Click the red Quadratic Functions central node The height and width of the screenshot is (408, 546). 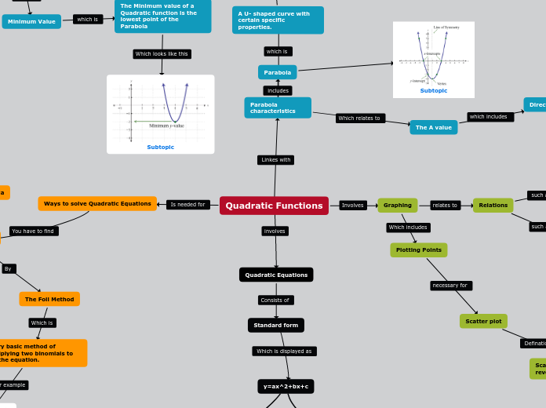click(274, 206)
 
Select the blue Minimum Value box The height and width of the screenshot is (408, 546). click(31, 21)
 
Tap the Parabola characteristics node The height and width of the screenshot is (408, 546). click(278, 107)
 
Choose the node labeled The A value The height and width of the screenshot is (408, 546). click(433, 127)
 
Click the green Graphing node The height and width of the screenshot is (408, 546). click(397, 206)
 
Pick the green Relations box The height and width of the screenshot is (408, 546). click(493, 206)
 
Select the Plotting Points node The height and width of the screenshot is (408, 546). click(418, 250)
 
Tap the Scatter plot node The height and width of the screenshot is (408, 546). click(483, 321)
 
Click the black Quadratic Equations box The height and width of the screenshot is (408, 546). click(276, 275)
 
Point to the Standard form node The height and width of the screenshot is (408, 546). click(275, 325)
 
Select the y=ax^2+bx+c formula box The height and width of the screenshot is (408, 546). click(286, 386)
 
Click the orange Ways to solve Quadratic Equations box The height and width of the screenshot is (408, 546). click(97, 203)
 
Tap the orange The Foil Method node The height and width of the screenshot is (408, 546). click(49, 299)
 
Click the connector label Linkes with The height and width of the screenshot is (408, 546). click(275, 160)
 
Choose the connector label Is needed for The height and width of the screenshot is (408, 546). click(188, 205)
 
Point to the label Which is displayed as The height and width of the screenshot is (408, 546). click(284, 352)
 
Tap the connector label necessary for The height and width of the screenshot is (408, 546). click(451, 286)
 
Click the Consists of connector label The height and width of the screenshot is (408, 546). click(275, 300)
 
